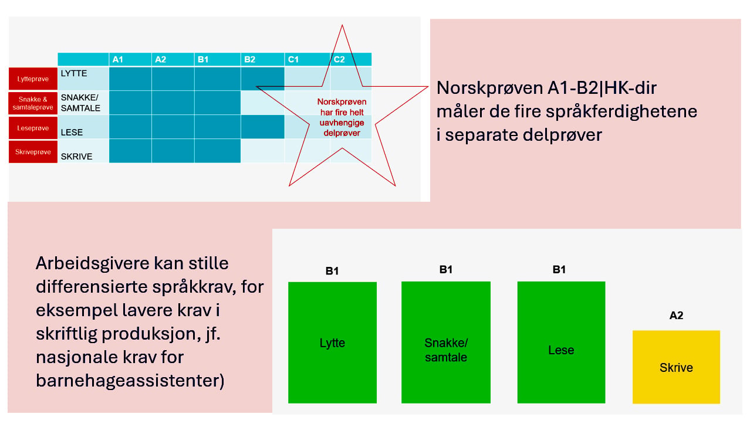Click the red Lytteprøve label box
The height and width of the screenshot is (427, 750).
[x=33, y=79]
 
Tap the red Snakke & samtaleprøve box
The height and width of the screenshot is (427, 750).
[x=33, y=103]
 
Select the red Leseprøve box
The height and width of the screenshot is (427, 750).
[x=33, y=128]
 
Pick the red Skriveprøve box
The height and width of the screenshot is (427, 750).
[x=33, y=152]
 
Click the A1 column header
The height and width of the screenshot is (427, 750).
[x=130, y=59]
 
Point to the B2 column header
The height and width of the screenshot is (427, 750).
[x=262, y=59]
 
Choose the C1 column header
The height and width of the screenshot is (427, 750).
[x=307, y=59]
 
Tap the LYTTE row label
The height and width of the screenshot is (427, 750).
[x=74, y=73]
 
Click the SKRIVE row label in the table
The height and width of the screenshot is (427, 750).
[x=76, y=156]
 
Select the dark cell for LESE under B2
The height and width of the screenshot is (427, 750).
[x=262, y=127]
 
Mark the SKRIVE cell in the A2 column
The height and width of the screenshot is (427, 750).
[x=173, y=151]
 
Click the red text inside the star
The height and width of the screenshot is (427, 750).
[x=342, y=117]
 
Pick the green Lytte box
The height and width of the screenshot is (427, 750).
[x=332, y=343]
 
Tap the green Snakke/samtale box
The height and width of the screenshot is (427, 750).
[x=445, y=342]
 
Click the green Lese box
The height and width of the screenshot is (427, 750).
[x=561, y=342]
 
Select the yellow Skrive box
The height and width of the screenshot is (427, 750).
[x=676, y=367]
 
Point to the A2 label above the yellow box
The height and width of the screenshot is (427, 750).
[x=676, y=315]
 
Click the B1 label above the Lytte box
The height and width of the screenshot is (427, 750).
[x=332, y=271]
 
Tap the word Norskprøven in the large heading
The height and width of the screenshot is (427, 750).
[x=490, y=88]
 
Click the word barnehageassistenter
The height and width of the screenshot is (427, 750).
[x=130, y=381]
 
